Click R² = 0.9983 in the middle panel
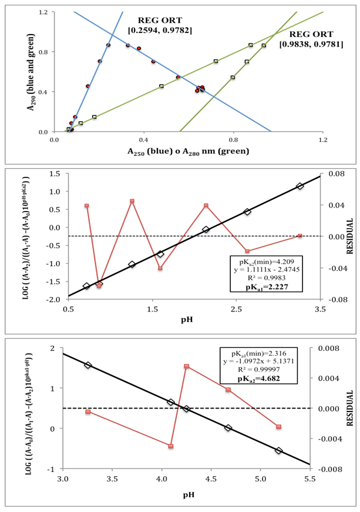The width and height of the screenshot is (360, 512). [x=271, y=277]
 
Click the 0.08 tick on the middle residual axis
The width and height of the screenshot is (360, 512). [x=334, y=174]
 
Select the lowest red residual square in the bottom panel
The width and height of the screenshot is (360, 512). [x=171, y=447]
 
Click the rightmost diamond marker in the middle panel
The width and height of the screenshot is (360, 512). [x=300, y=186]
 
